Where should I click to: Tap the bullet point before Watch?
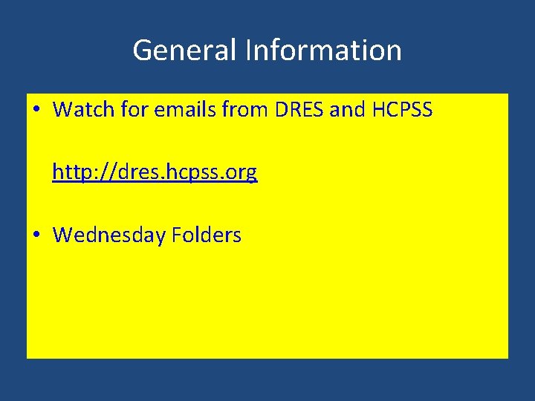[37, 111]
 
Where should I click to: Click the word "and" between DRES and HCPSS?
[347, 110]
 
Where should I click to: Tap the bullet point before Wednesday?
[37, 236]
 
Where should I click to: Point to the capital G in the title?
[141, 50]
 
